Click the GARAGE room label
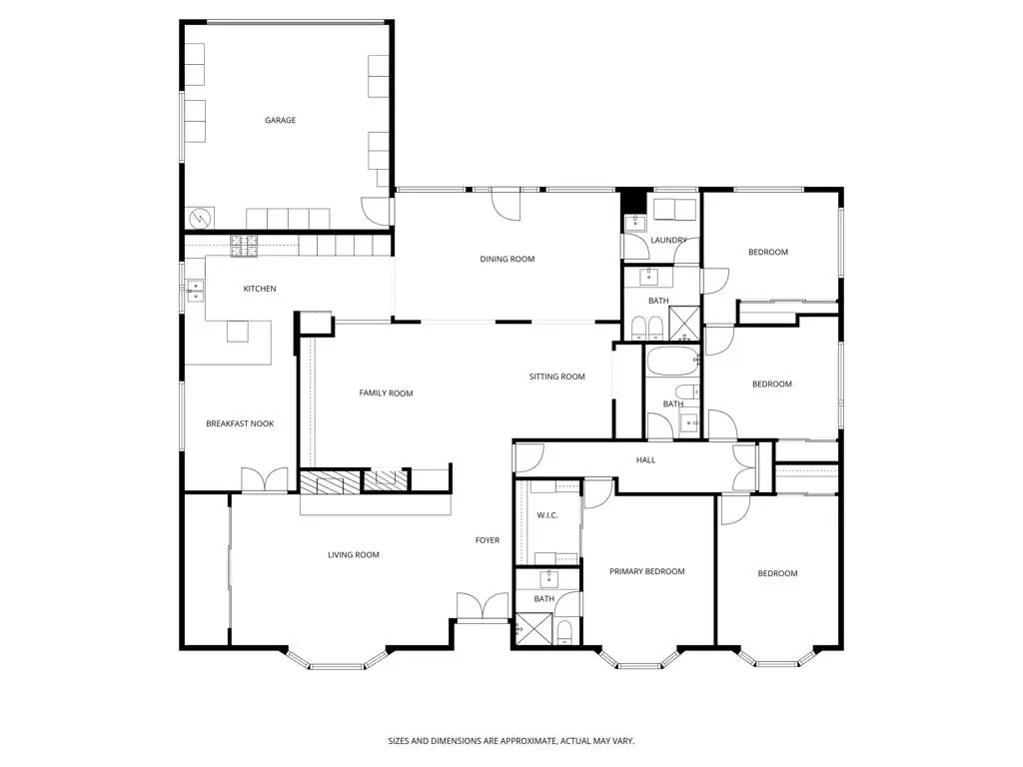[280, 121]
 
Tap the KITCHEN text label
[260, 290]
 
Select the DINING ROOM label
[508, 260]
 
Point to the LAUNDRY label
[668, 241]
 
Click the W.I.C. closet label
[546, 516]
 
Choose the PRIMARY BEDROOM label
[647, 572]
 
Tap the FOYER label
[487, 541]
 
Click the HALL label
[646, 460]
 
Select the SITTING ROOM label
[556, 378]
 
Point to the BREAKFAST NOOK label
[240, 424]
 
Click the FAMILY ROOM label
[386, 393]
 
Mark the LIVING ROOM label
[354, 555]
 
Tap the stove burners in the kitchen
[244, 246]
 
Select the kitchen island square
[237, 331]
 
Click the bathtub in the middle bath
[672, 361]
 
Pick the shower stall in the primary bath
[529, 629]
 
